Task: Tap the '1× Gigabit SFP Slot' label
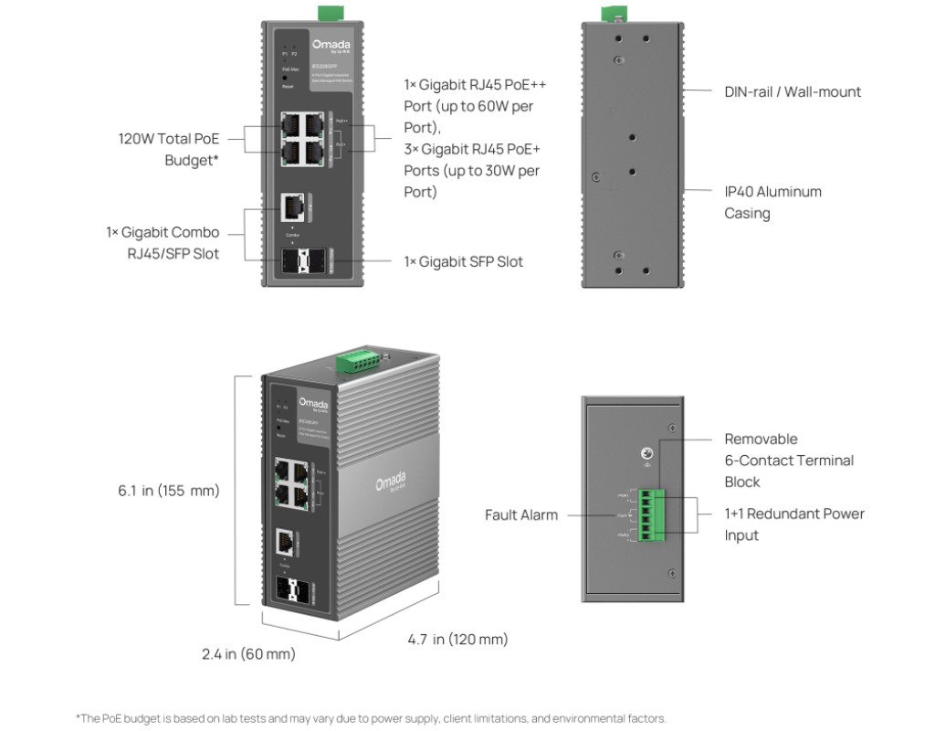tap(464, 261)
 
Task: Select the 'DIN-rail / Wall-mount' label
tap(793, 91)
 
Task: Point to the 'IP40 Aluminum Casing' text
tap(772, 202)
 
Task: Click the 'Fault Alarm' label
tap(521, 515)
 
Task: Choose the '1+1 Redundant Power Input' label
tap(793, 524)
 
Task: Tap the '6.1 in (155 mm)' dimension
tap(169, 491)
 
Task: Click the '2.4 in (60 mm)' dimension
tap(248, 654)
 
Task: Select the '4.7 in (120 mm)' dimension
tap(457, 639)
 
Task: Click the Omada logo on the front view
tap(331, 45)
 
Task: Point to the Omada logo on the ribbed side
tap(390, 482)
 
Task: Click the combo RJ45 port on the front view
tap(294, 209)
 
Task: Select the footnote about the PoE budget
tap(371, 718)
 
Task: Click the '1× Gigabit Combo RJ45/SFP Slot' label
tap(163, 243)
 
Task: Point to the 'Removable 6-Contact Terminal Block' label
tap(789, 460)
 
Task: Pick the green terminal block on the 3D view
tap(358, 362)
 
